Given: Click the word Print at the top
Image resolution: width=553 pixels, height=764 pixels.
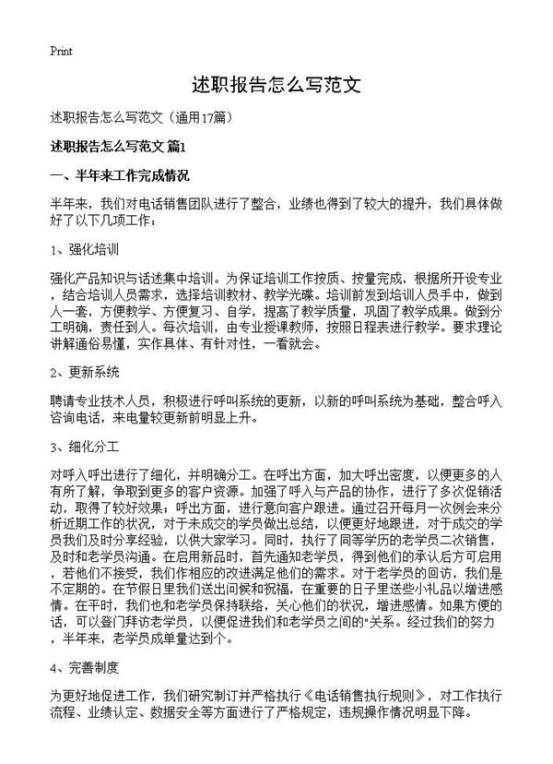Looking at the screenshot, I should click(x=61, y=50).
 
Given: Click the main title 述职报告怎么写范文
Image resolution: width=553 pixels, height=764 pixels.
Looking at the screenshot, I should click(x=276, y=87).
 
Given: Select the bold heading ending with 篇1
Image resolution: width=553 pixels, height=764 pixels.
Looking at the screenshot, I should click(x=119, y=147).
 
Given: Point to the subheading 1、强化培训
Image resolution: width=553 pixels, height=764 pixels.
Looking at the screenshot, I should click(x=82, y=249).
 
